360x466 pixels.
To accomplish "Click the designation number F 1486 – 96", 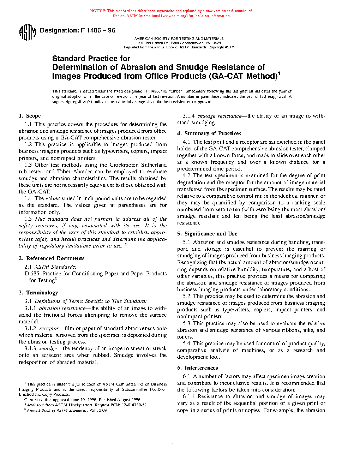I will tap(98, 30).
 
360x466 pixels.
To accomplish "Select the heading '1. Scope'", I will tap(30, 116).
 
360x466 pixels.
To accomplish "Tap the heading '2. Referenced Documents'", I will tap(52, 258).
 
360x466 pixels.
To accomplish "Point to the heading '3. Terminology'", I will tap(38, 293).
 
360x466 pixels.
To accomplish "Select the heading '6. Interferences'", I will tap(197, 368).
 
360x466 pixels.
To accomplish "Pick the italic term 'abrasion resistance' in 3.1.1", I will tap(62, 308).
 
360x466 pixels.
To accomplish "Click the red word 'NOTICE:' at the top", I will tap(98, 11).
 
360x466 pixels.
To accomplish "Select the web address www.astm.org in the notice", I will tap(175, 16).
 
